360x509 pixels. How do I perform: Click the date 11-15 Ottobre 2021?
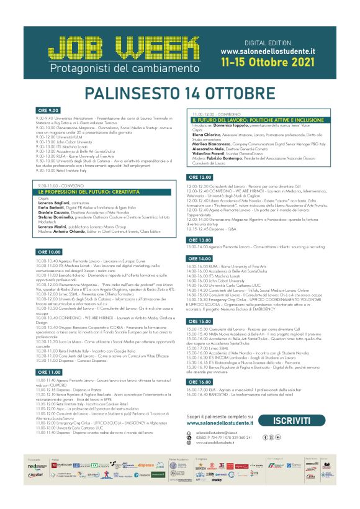pyautogui.click(x=277, y=63)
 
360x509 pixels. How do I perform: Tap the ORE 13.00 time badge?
pyautogui.click(x=200, y=240)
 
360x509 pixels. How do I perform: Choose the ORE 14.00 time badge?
pyautogui.click(x=200, y=258)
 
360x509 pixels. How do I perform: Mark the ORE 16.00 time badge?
pyautogui.click(x=200, y=381)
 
